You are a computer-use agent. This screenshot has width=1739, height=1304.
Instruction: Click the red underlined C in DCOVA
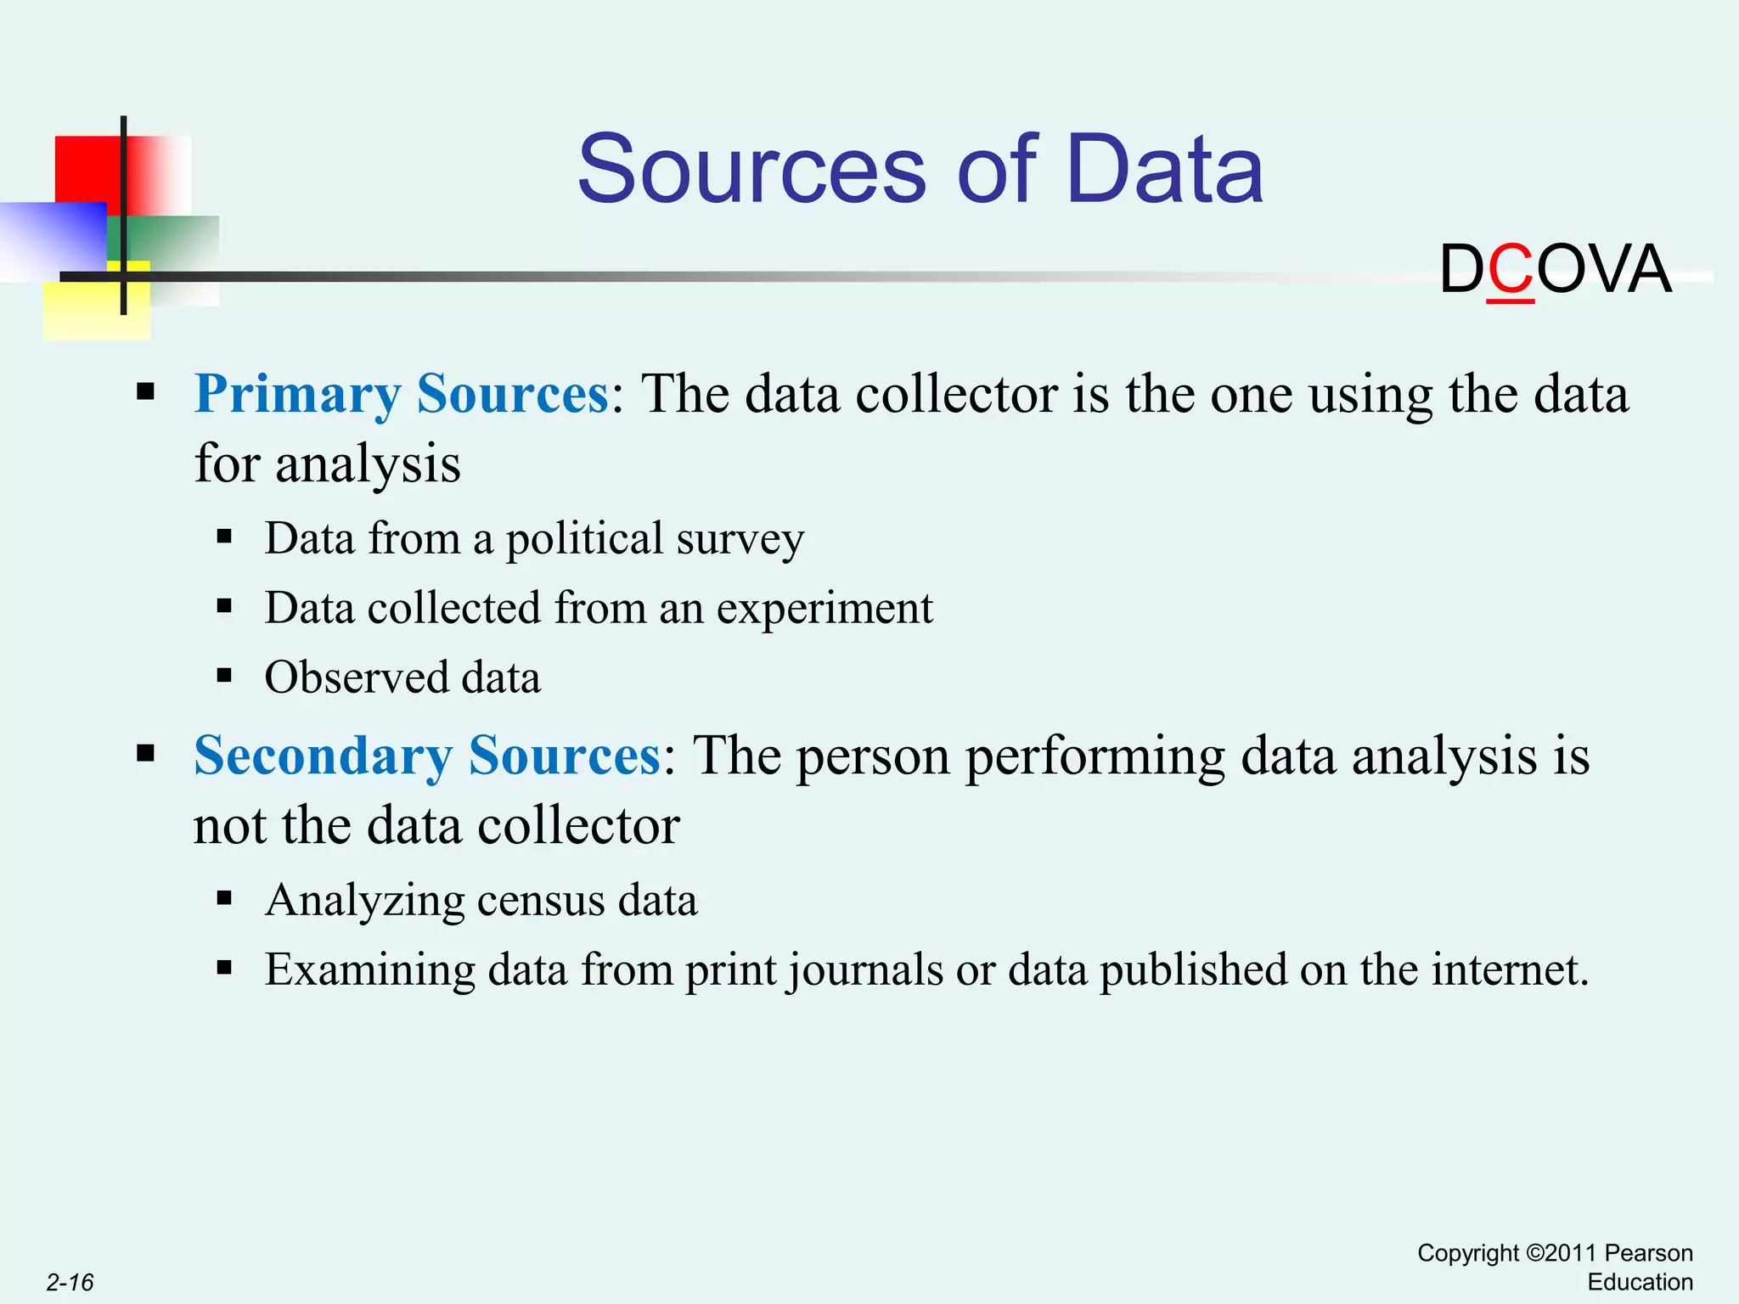click(1511, 270)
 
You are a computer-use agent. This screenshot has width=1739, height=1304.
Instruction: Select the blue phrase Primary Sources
click(402, 394)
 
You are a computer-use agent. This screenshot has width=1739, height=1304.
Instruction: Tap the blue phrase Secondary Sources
click(427, 756)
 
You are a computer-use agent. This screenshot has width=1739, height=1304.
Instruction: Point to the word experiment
click(824, 609)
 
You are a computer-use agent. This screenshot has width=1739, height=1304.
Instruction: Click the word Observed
click(357, 677)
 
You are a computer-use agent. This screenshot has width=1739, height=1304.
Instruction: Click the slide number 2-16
click(70, 1282)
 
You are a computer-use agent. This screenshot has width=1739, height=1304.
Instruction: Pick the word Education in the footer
click(1640, 1282)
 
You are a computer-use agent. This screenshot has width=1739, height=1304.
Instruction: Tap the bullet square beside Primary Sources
click(146, 392)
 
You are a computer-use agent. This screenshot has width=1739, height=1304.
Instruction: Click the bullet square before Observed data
click(224, 677)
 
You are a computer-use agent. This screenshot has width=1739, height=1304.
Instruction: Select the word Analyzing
click(365, 901)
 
